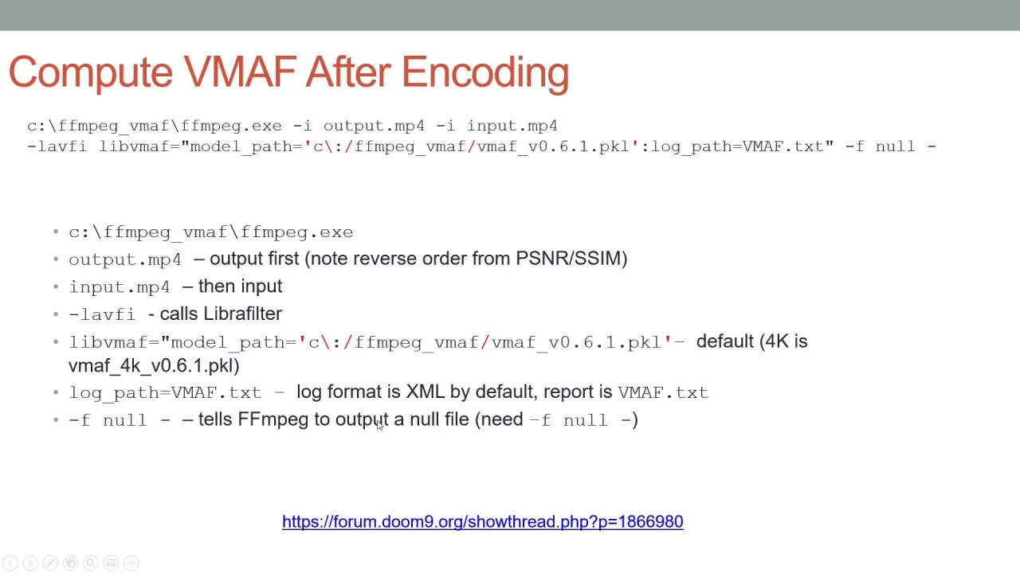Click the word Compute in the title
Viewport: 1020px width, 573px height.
(x=91, y=72)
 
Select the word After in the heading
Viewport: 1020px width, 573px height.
(x=347, y=72)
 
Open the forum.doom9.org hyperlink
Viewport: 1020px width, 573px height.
(x=483, y=521)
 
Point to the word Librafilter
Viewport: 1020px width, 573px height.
(x=243, y=314)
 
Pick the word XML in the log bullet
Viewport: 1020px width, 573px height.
(x=426, y=392)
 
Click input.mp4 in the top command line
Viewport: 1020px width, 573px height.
(x=512, y=126)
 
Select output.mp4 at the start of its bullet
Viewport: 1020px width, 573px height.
(x=125, y=259)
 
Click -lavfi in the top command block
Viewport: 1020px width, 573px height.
(x=57, y=146)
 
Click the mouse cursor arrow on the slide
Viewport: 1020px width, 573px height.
(x=379, y=425)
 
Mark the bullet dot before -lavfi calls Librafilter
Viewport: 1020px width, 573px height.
(x=56, y=314)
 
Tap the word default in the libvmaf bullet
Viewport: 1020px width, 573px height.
(x=725, y=341)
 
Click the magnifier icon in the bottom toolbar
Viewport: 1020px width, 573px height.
(x=91, y=563)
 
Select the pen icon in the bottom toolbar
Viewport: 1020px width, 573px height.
(x=50, y=563)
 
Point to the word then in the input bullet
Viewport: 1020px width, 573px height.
(x=218, y=286)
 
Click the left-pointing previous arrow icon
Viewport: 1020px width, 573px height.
(x=10, y=563)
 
